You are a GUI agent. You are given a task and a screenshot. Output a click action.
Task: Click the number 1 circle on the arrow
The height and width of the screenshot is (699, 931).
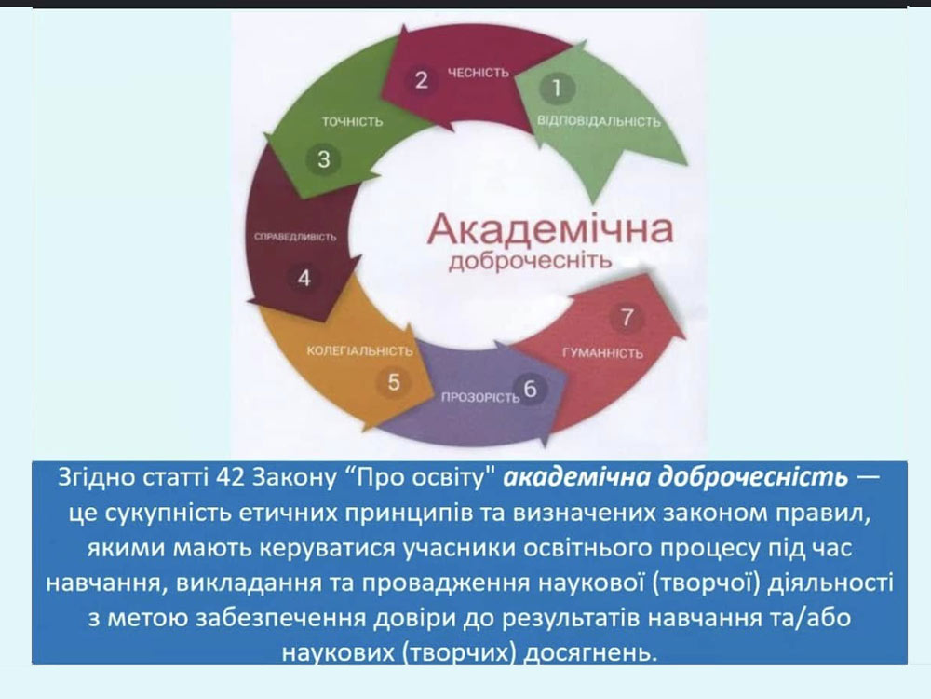[x=557, y=88]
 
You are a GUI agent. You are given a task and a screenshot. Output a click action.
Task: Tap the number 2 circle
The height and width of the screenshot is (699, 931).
[x=421, y=79]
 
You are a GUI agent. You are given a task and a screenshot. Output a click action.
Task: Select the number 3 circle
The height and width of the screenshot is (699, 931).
[x=323, y=158]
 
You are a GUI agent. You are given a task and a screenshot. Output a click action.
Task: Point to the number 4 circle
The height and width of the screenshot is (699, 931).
[x=304, y=278]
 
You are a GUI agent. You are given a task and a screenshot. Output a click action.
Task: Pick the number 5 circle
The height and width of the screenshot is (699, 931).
[x=393, y=381]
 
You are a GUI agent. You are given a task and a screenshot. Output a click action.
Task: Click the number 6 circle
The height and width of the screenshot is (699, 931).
[x=530, y=389]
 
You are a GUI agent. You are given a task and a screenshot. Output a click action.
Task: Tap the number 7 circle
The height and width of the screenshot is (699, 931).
[x=627, y=317]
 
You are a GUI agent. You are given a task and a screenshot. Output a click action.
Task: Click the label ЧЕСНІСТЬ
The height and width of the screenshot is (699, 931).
[x=479, y=73]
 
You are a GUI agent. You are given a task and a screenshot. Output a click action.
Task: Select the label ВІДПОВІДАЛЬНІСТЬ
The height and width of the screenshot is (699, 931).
[x=599, y=121]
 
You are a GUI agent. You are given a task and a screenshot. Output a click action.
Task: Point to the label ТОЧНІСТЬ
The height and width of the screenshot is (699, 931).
[x=352, y=121]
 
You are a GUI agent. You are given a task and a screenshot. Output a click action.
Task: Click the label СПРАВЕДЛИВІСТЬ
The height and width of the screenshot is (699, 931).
[x=295, y=237]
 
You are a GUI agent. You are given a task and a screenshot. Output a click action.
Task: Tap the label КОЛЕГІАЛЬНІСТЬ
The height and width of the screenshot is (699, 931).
[x=359, y=350]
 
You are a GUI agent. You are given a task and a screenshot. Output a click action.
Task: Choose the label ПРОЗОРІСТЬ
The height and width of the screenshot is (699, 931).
[x=480, y=397]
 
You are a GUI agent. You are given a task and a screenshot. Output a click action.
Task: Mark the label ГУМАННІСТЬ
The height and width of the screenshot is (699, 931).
[x=602, y=353]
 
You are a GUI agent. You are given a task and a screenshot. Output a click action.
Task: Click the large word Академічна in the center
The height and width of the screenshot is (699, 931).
[x=550, y=229]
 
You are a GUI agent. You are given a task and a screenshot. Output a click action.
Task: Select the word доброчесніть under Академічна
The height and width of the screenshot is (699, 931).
[x=531, y=261]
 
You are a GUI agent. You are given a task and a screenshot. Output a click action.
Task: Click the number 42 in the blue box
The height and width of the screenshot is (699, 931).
[x=230, y=476]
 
